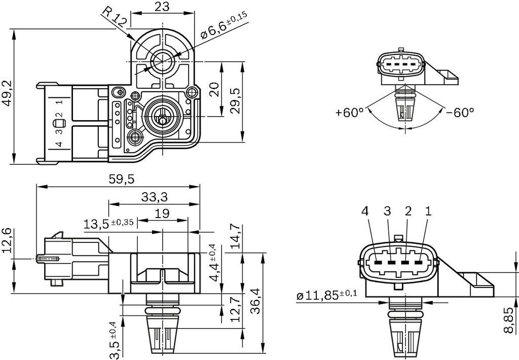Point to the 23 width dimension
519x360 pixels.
[162, 6]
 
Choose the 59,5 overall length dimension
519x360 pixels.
[118, 180]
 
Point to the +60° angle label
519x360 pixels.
[350, 112]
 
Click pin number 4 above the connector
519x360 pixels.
[365, 211]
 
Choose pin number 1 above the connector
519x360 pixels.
[428, 211]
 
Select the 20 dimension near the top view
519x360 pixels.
[214, 89]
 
